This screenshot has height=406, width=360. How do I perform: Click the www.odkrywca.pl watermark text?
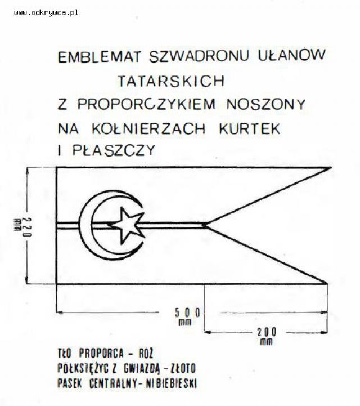click(46, 13)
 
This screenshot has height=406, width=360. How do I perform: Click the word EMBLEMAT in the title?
click(100, 57)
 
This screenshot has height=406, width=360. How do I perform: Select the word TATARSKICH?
click(171, 81)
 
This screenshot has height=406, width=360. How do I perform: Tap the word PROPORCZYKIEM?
click(146, 104)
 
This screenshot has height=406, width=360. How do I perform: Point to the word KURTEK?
click(250, 128)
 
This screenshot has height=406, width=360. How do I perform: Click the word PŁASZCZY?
click(114, 150)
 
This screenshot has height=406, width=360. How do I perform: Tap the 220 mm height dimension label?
click(23, 227)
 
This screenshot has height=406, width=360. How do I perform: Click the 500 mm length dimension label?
click(187, 316)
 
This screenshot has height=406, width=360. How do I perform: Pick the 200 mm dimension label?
click(267, 336)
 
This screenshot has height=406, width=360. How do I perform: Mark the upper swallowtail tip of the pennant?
click(331, 168)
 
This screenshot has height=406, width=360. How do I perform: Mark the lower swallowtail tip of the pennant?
click(327, 283)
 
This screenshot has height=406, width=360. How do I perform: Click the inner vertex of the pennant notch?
click(206, 226)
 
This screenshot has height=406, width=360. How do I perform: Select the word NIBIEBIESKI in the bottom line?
click(171, 383)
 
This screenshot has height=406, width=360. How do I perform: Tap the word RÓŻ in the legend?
click(146, 353)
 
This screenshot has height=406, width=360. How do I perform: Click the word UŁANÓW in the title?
click(291, 54)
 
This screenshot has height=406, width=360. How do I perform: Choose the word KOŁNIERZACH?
click(148, 128)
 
